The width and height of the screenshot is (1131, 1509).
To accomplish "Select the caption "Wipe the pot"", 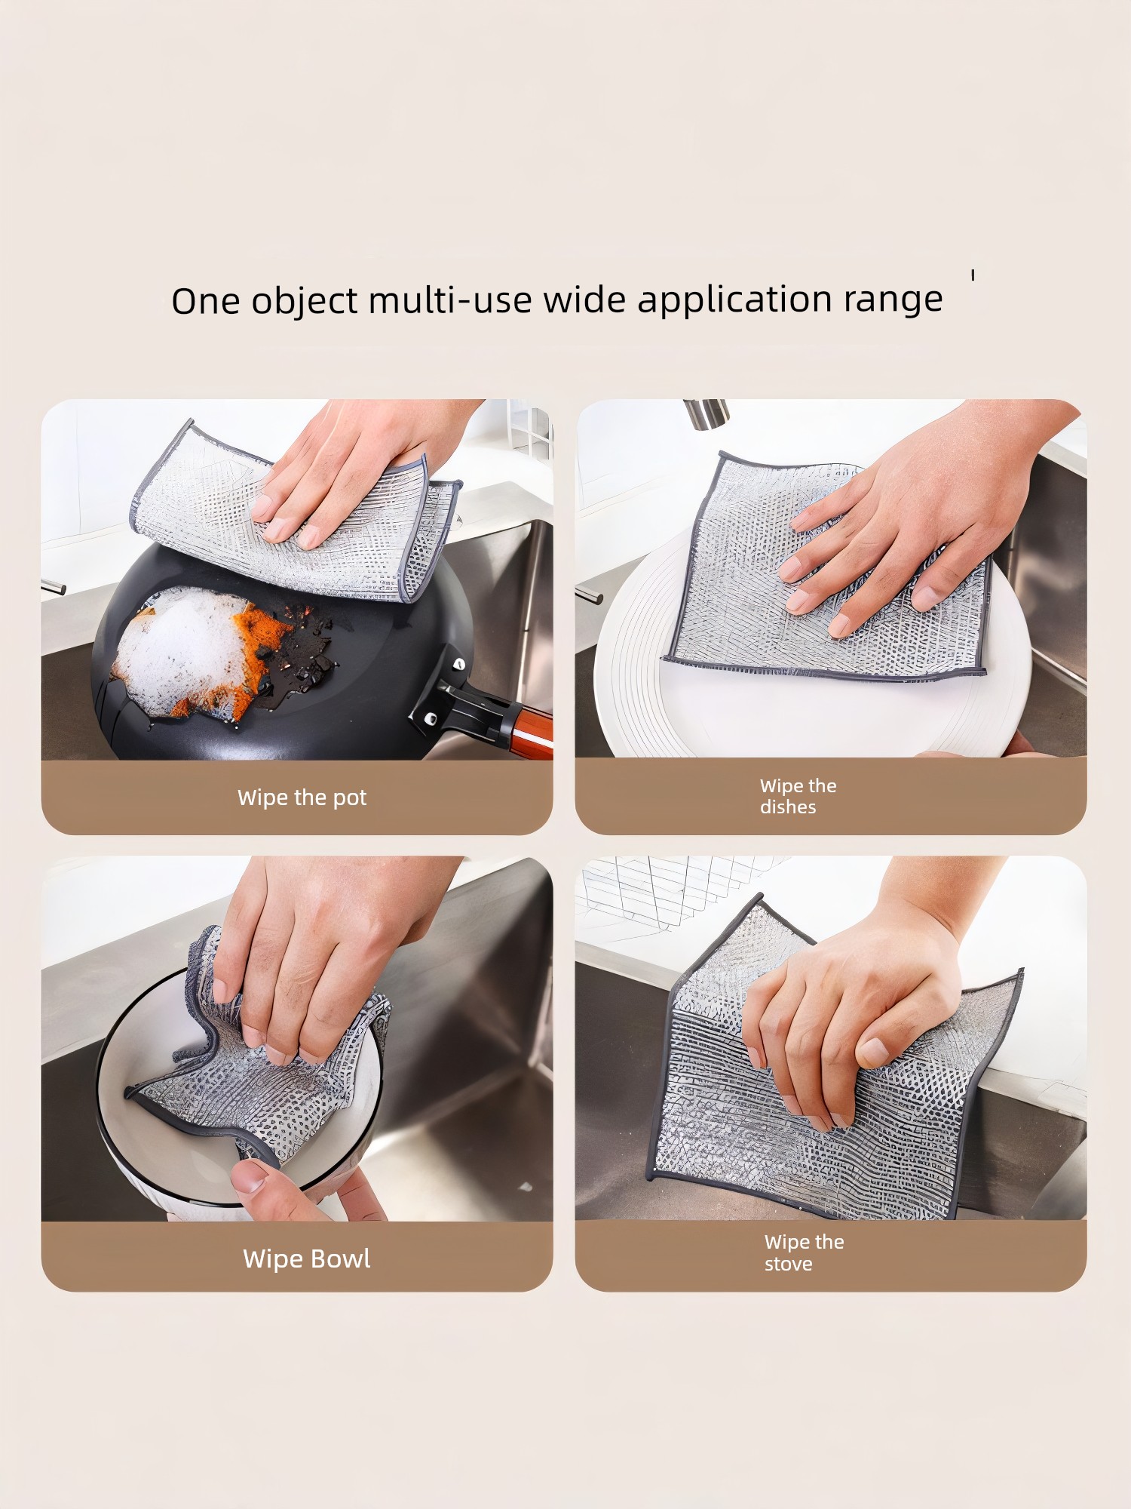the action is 302,798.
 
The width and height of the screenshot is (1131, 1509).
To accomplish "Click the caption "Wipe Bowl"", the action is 306,1258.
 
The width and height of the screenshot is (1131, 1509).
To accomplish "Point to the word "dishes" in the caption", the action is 788,807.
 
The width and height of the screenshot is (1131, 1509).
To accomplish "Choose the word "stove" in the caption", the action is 789,1264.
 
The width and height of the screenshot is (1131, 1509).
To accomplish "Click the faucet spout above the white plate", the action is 706,413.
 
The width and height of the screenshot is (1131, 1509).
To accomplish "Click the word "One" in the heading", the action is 205,301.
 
